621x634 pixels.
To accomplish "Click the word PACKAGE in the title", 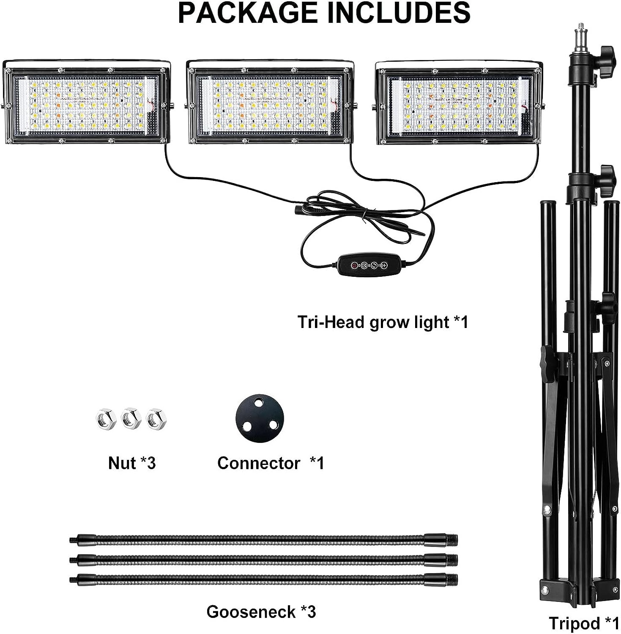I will click(247, 13).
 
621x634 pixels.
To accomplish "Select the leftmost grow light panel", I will click(87, 104).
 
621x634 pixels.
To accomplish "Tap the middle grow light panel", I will click(271, 104).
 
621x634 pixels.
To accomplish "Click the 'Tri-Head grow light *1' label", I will click(383, 322).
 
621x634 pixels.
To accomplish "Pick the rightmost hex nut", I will click(156, 419).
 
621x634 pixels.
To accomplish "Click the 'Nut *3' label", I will click(132, 463).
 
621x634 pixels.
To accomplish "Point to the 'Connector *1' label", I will click(271, 463).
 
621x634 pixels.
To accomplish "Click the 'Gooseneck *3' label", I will click(261, 612).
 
